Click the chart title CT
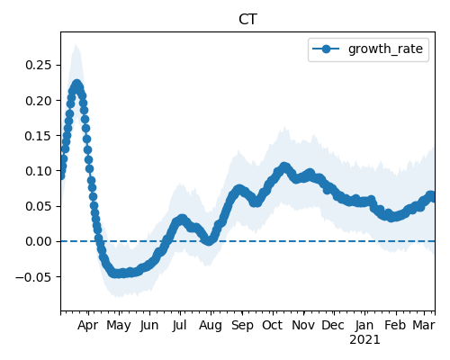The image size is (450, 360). tap(247, 20)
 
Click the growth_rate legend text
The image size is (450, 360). tap(385, 49)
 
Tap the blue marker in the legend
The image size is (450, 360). tap(326, 49)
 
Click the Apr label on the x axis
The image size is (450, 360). tap(87, 326)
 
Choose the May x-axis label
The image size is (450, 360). tap(119, 326)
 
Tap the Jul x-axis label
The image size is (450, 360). tap(180, 326)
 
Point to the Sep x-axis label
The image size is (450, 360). tap(242, 326)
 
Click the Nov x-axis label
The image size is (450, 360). tap(303, 326)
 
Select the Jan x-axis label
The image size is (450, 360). tap(364, 326)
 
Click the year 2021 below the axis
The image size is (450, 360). tap(364, 340)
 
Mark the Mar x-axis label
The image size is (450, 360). tap(424, 326)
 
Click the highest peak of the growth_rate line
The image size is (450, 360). tap(77, 84)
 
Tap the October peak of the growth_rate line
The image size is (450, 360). tap(284, 166)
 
